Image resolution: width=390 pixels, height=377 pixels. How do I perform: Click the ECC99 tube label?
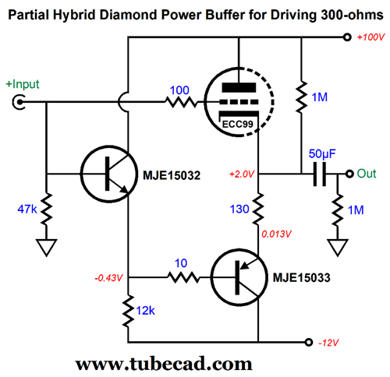coord(237,124)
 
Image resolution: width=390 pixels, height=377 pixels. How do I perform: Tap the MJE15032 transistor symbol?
coord(109,174)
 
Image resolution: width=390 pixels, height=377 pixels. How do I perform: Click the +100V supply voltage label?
coord(370,37)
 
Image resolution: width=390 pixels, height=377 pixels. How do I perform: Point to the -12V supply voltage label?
coord(328,343)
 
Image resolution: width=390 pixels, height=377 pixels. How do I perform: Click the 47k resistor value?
coord(27,209)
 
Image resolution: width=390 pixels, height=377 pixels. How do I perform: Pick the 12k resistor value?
coord(145,311)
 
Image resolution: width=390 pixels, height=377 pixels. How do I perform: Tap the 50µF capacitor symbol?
coord(320,174)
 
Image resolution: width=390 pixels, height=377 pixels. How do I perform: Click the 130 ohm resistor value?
coord(239,209)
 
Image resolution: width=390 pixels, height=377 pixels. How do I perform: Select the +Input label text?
coord(23,84)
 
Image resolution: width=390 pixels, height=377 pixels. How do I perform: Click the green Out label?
coord(367,174)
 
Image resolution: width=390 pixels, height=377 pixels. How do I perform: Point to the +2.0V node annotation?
coord(242,174)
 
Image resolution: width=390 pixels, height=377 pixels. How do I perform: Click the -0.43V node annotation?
coord(108,278)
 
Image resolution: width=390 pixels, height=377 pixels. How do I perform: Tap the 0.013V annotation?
coord(276,234)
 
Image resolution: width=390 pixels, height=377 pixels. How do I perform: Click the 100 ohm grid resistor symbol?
coord(181,102)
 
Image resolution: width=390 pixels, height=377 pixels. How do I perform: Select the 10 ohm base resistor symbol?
coord(183,277)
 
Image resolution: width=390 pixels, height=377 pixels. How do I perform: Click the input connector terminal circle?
coord(19,102)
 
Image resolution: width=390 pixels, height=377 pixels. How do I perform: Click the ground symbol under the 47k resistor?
coord(47,248)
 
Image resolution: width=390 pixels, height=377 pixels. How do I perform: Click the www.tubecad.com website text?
coord(164,364)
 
